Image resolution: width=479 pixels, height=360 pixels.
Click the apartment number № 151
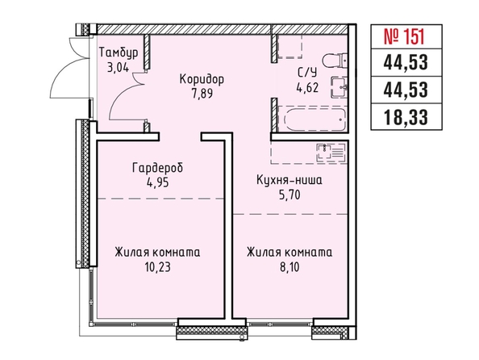click(404, 36)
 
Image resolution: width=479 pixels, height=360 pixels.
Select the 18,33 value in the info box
click(406, 117)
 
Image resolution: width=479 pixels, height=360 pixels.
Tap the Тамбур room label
click(119, 52)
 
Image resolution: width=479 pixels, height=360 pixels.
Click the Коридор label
click(202, 79)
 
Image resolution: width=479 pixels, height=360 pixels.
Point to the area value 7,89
click(202, 94)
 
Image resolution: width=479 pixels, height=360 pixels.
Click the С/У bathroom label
click(307, 73)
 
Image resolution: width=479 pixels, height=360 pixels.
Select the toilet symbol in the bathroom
click(335, 61)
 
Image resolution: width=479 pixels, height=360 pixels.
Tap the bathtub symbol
click(315, 119)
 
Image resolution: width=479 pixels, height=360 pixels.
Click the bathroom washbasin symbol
click(339, 87)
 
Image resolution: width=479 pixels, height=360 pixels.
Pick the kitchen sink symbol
click(331, 152)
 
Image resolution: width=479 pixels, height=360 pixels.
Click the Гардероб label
click(157, 168)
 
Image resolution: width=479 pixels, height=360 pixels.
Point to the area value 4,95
click(157, 182)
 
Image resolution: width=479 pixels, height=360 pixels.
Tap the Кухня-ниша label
click(289, 180)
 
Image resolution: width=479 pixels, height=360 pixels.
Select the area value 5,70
click(289, 195)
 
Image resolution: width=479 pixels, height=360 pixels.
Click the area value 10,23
click(157, 267)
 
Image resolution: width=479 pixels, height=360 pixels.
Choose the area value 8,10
click(289, 267)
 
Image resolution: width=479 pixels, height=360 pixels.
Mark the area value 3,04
click(118, 67)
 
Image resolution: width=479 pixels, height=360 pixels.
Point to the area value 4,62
click(307, 87)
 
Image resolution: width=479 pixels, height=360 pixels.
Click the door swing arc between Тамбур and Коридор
click(118, 92)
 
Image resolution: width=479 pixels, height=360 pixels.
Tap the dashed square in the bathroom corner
click(290, 47)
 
